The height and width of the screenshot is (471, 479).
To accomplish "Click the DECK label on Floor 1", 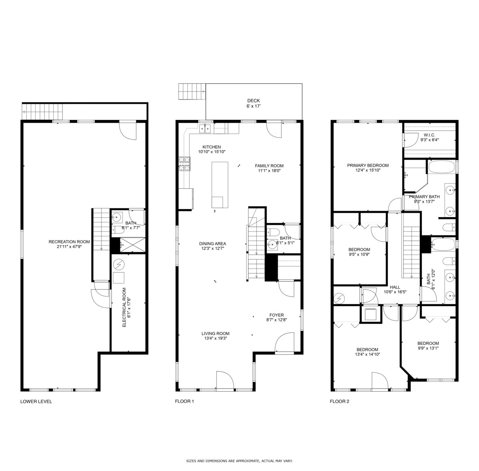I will pyautogui.click(x=253, y=101).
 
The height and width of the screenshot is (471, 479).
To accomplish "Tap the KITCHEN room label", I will pyautogui.click(x=211, y=147).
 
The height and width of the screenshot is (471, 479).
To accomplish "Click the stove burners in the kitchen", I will pyautogui.click(x=184, y=164).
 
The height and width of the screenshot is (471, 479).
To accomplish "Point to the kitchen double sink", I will pyautogui.click(x=205, y=128).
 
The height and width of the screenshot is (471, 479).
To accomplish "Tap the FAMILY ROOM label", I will pyautogui.click(x=269, y=166).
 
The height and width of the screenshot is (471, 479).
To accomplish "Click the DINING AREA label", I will pyautogui.click(x=213, y=244).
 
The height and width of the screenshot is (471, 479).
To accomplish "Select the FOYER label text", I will pyautogui.click(x=276, y=315).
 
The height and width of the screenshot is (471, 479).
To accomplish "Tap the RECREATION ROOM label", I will pyautogui.click(x=69, y=242).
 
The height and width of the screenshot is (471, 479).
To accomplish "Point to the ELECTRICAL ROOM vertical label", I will pyautogui.click(x=124, y=307).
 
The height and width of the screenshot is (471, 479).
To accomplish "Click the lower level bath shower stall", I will pyautogui.click(x=132, y=245).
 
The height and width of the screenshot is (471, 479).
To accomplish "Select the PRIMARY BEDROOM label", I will pyautogui.click(x=367, y=165).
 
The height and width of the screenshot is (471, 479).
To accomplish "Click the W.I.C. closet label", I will pyautogui.click(x=429, y=135).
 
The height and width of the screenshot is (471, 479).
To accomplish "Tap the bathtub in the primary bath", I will pyautogui.click(x=441, y=167).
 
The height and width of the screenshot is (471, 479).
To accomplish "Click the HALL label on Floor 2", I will pyautogui.click(x=395, y=287).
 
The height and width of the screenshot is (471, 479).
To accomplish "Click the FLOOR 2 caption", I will pyautogui.click(x=339, y=402).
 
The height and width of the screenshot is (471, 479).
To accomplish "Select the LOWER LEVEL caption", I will pyautogui.click(x=36, y=402).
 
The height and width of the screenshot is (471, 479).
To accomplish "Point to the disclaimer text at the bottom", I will pyautogui.click(x=239, y=461).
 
